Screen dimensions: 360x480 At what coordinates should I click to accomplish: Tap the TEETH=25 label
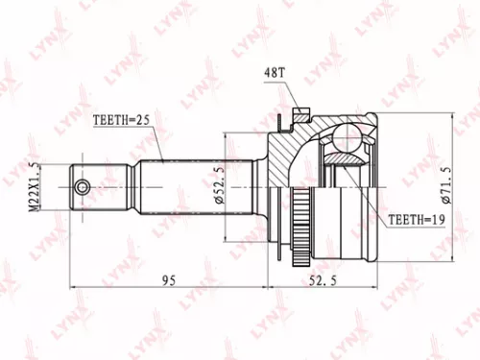tap(121, 122)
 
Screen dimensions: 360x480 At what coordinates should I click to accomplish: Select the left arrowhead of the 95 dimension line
tap(75, 289)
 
